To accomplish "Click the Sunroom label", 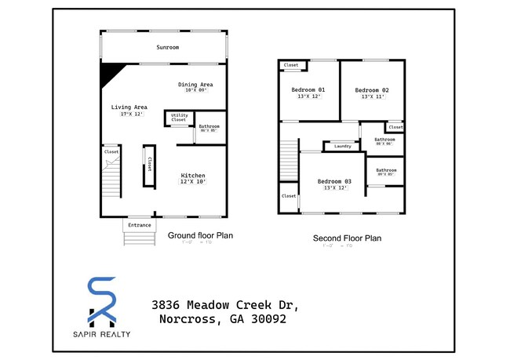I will coord(167,47).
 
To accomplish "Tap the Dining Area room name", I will coord(195,84).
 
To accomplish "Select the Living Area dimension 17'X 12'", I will coord(129,115).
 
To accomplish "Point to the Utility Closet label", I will coord(179,118).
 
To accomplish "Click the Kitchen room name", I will coord(193,175).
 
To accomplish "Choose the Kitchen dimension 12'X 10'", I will coord(193,182).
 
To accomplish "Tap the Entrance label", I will coord(139,225).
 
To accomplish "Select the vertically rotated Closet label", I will coord(149,164).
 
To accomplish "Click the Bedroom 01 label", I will coord(308,90).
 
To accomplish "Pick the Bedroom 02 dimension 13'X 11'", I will coord(374,97).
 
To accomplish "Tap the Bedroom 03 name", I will coord(334,181).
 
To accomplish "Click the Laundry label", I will coord(342,146).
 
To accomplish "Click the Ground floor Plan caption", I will coord(200,235).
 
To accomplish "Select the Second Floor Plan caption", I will coord(347,238).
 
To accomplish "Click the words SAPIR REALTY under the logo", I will coord(102,334).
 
